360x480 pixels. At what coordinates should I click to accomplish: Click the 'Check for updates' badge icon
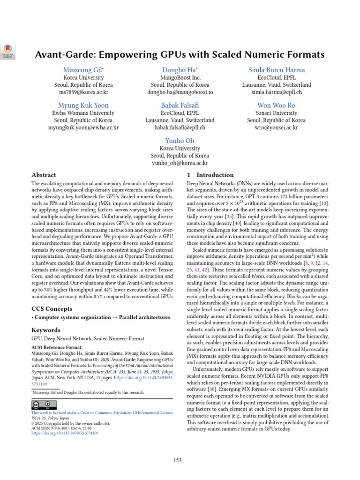pyautogui.click(x=9, y=50)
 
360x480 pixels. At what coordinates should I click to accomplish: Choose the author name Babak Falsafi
pyautogui.click(x=180, y=105)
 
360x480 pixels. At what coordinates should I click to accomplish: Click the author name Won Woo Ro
pyautogui.click(x=276, y=105)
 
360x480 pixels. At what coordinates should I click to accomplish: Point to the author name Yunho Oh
pyautogui.click(x=180, y=141)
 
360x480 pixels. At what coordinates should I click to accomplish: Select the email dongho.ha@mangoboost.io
pyautogui.click(x=180, y=92)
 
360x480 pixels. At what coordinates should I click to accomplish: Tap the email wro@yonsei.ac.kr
pyautogui.click(x=276, y=127)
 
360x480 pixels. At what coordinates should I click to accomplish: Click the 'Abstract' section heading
pyautogui.click(x=44, y=175)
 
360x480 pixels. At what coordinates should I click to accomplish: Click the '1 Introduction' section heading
pyautogui.click(x=208, y=175)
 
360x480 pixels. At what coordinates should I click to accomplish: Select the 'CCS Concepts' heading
pyautogui.click(x=52, y=308)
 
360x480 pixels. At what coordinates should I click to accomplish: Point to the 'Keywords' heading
pyautogui.click(x=45, y=330)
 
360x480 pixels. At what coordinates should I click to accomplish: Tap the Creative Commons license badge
pyautogui.click(x=44, y=405)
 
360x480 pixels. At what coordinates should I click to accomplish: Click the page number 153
pyautogui.click(x=177, y=460)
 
